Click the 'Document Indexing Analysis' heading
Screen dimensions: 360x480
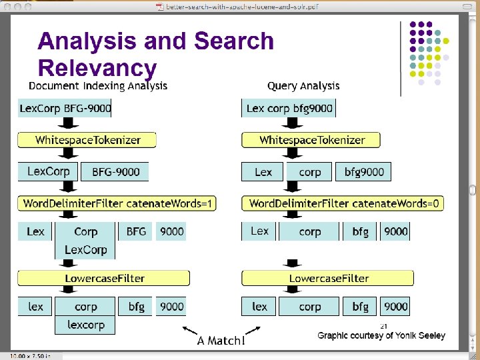click(x=98, y=85)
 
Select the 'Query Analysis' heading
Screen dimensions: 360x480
click(x=303, y=85)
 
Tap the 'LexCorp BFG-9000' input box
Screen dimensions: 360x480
click(x=65, y=108)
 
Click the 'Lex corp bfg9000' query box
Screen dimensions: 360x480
click(x=289, y=108)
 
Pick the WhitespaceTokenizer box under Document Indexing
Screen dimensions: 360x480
click(x=87, y=140)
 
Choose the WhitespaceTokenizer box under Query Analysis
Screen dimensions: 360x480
click(x=312, y=140)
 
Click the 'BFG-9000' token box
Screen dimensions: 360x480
click(x=115, y=172)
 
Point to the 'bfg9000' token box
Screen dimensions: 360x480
click(x=364, y=172)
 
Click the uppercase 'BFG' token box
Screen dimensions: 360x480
click(x=136, y=231)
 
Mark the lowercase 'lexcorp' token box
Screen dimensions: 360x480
click(x=85, y=325)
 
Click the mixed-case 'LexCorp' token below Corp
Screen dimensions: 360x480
click(x=85, y=249)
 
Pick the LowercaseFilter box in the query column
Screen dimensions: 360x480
click(x=328, y=278)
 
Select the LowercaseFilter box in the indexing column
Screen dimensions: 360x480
click(x=104, y=278)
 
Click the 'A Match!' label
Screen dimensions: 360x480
click(x=221, y=341)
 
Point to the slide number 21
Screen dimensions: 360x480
click(x=383, y=326)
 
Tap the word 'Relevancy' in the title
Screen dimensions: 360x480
click(x=97, y=67)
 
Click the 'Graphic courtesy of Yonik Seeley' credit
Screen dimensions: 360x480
click(x=381, y=335)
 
